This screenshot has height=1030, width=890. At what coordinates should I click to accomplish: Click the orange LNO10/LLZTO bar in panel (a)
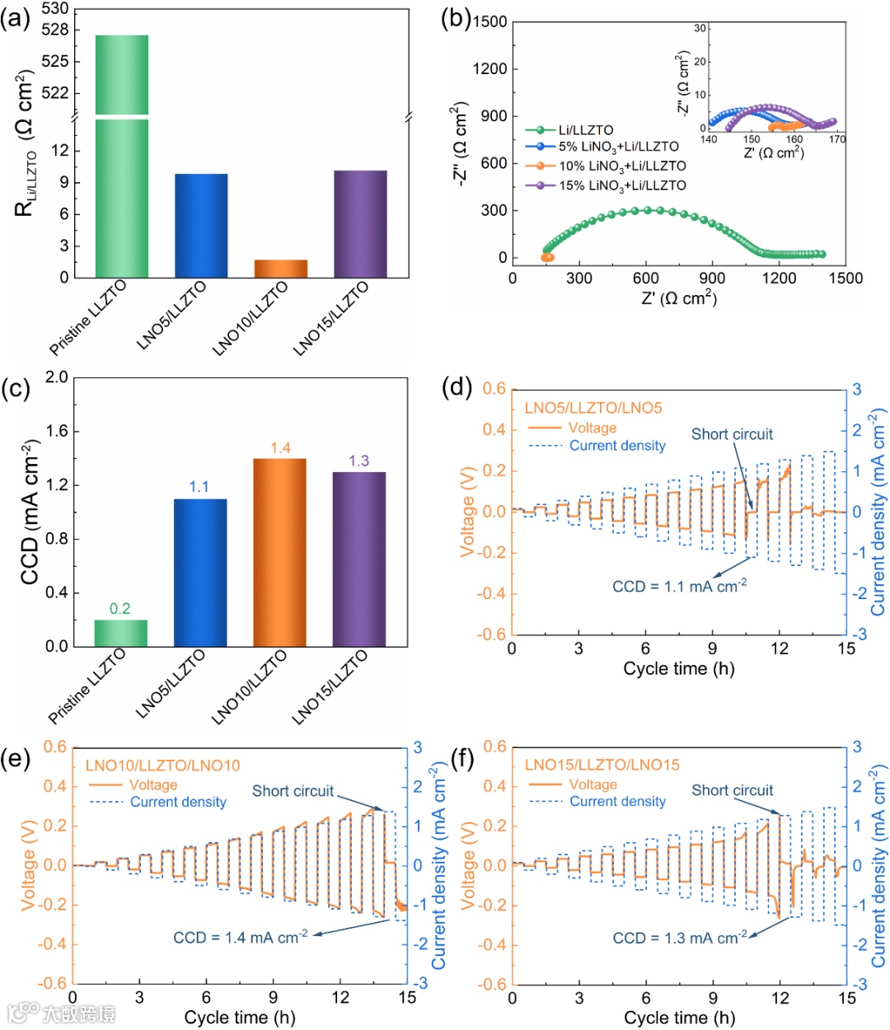click(x=281, y=269)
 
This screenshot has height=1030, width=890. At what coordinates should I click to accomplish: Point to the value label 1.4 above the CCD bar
click(x=280, y=448)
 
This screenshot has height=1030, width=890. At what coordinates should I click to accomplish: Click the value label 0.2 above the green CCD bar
click(x=120, y=609)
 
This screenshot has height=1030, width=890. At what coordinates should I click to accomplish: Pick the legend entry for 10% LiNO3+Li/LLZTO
click(x=622, y=166)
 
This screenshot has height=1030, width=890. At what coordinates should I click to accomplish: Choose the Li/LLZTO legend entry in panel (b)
click(x=586, y=129)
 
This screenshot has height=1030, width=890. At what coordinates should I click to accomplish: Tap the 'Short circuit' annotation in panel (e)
click(x=293, y=791)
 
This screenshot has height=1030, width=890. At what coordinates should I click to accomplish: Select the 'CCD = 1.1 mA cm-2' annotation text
click(x=679, y=586)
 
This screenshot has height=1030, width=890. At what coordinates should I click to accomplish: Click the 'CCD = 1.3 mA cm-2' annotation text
click(x=680, y=938)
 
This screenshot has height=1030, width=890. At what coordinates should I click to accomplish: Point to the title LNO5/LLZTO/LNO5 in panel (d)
click(x=593, y=408)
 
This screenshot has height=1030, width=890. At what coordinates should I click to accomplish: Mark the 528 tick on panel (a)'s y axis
click(x=55, y=30)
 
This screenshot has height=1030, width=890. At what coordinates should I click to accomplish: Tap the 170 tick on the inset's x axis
click(x=837, y=139)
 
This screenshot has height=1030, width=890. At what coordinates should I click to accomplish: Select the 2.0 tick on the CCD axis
click(x=56, y=377)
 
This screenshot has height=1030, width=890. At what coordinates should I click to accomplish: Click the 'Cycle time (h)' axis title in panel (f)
click(x=679, y=1018)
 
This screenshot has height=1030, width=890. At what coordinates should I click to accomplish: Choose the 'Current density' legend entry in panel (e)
click(x=178, y=802)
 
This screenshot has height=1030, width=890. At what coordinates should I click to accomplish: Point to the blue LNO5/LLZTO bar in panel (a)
click(x=201, y=226)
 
